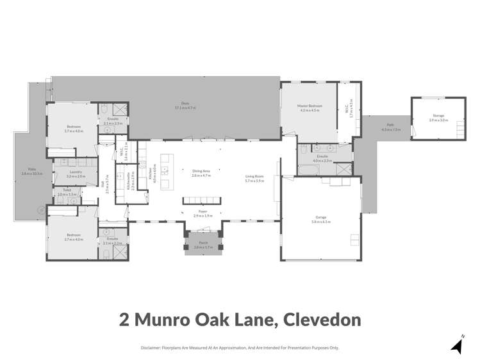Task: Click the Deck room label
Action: [x=185, y=103]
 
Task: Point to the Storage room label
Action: [x=438, y=115]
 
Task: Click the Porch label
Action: [x=203, y=242]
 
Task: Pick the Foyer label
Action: [x=203, y=210]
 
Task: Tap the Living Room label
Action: [x=254, y=176]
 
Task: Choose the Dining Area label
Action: [x=202, y=170]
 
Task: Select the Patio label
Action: [x=27, y=170]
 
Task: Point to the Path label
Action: [x=390, y=125]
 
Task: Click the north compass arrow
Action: [x=456, y=347]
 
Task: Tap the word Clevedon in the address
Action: [x=318, y=319]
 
